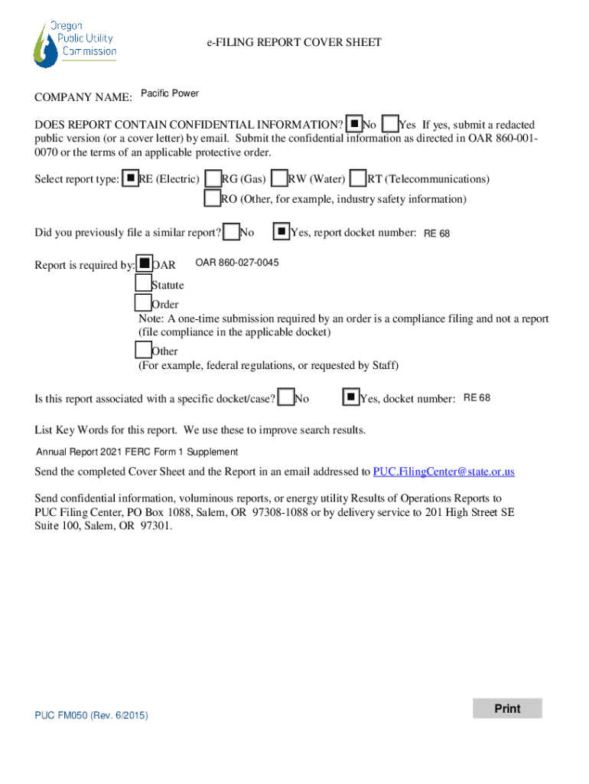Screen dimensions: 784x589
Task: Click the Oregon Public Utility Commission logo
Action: [x=75, y=43]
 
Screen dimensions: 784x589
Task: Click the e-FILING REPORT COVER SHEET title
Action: [x=294, y=43]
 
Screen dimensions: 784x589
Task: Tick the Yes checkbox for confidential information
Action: [x=390, y=124]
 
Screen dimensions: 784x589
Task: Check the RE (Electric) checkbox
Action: [x=131, y=178]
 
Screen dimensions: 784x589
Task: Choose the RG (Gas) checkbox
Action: [x=213, y=178]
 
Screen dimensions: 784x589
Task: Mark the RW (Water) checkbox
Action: [x=280, y=178]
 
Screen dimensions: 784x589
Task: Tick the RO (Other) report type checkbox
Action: [x=213, y=198]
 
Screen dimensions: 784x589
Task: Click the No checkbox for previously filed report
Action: [x=231, y=230]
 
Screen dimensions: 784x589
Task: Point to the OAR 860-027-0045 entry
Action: [x=237, y=263]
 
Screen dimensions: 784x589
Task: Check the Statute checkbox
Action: [x=143, y=284]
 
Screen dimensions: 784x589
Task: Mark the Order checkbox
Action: [x=143, y=304]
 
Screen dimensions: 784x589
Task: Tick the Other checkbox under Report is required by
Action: [x=143, y=350]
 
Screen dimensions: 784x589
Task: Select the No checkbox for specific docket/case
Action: [x=286, y=397]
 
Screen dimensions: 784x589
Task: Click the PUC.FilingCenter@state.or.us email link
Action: [x=444, y=472]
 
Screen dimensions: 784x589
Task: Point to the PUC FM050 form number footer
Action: [x=91, y=715]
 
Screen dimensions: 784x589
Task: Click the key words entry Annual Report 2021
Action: [x=138, y=452]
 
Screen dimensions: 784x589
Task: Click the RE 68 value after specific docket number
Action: [x=477, y=398]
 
